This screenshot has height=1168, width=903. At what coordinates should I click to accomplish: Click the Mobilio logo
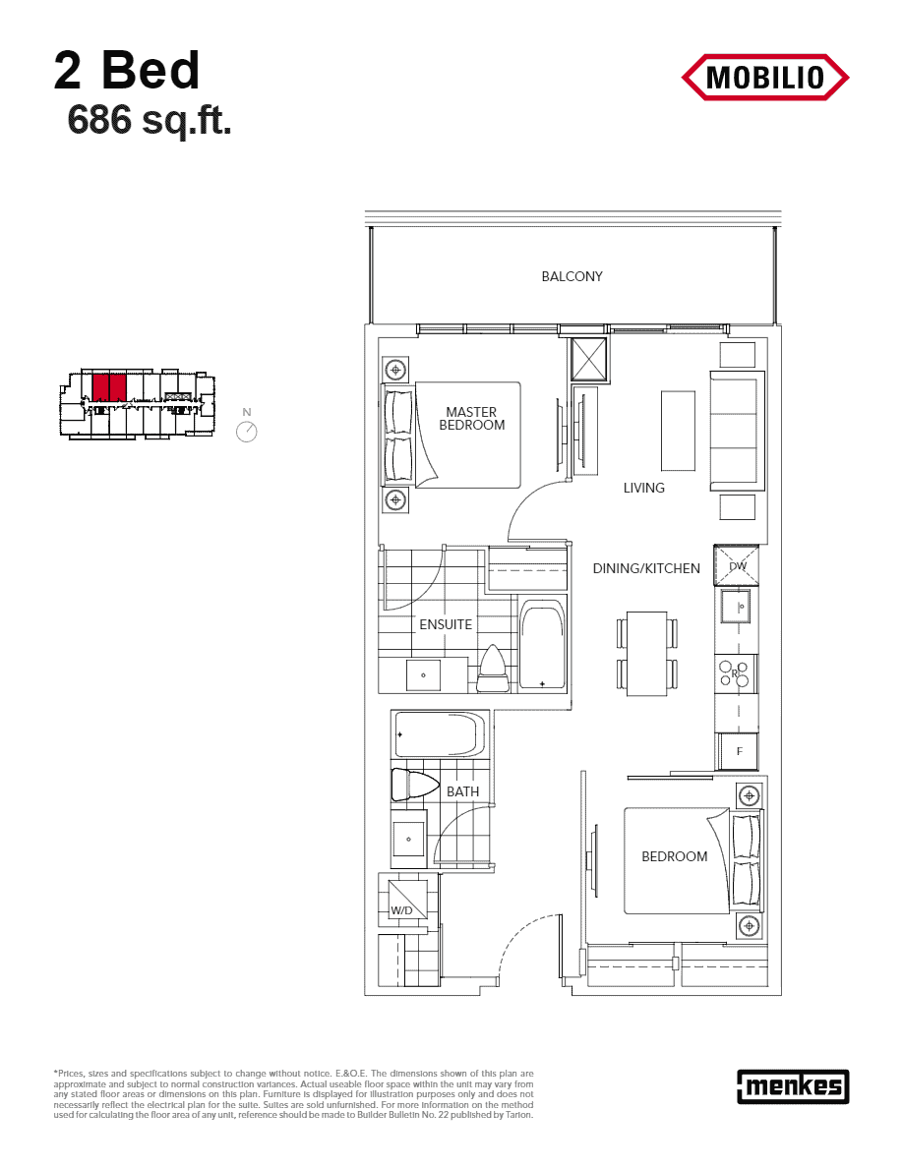764,78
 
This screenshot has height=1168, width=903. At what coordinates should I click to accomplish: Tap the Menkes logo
793,1086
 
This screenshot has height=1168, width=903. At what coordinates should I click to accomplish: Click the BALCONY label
572,276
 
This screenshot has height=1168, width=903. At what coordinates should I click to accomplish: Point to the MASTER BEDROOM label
471,418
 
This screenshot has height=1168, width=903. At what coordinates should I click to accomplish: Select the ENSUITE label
446,624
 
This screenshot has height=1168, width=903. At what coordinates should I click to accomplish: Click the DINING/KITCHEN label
646,568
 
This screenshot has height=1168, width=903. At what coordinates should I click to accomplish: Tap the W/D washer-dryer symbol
402,899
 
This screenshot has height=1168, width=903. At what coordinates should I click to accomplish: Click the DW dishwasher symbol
736,565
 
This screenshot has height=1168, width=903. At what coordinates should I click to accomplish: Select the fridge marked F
738,751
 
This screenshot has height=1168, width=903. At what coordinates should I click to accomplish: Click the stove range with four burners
737,674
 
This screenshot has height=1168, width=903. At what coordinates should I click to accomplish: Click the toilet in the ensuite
493,669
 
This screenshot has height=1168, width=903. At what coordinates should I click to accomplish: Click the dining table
646,653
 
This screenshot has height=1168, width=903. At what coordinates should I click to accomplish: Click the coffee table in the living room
678,431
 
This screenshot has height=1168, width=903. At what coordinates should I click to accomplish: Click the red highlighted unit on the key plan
109,387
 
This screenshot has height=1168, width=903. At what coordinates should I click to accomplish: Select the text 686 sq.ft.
150,119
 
